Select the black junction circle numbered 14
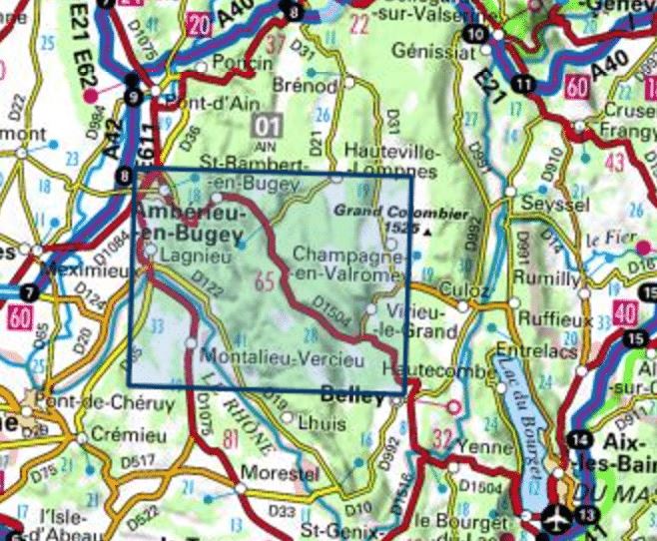[x=578, y=439]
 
